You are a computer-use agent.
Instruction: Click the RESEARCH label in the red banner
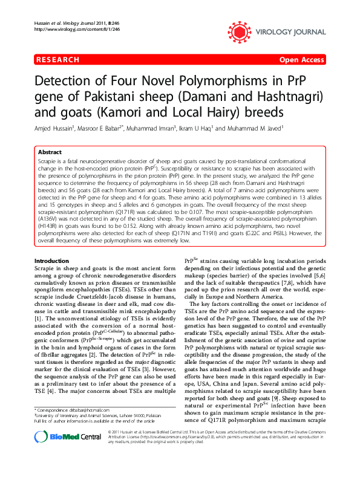(x=58, y=60)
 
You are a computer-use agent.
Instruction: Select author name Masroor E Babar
(x=100, y=128)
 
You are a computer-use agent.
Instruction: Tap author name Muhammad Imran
(x=152, y=128)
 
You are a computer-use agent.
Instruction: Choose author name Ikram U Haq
(x=197, y=128)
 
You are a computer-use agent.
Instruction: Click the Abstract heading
(x=49, y=152)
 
